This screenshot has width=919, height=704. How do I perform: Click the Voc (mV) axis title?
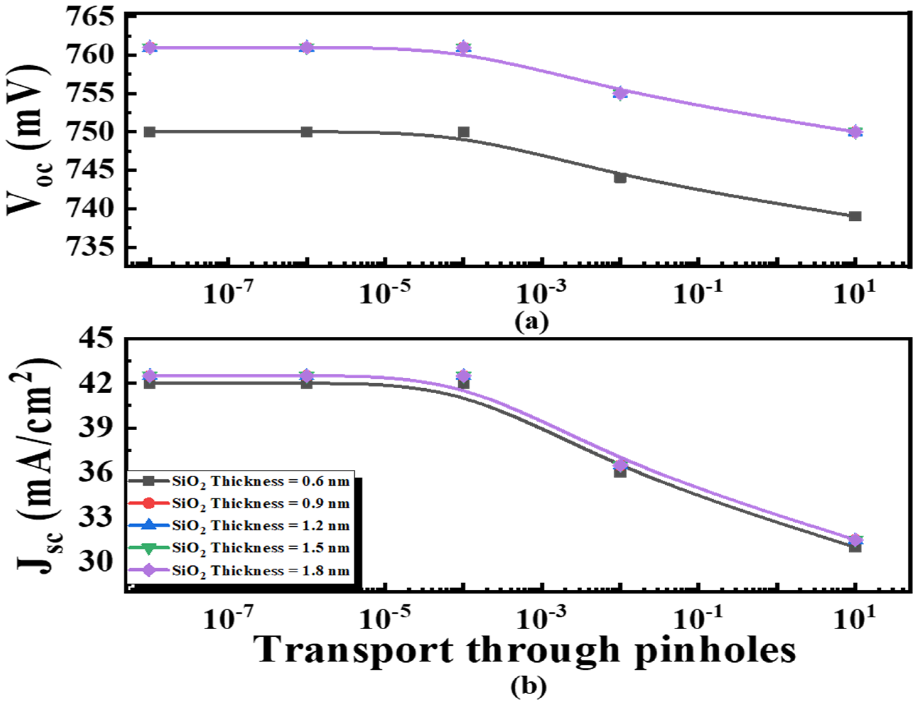pyautogui.click(x=29, y=140)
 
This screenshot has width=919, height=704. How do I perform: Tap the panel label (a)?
pyautogui.click(x=532, y=322)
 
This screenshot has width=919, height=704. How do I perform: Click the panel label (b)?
pyautogui.click(x=528, y=686)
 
